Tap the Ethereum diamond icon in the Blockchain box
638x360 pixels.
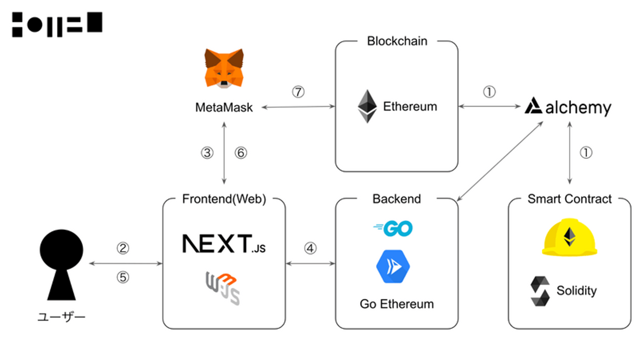(367, 106)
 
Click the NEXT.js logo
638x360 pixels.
(224, 244)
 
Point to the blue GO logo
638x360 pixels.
(393, 228)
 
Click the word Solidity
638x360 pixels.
(576, 291)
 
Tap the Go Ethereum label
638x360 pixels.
(397, 304)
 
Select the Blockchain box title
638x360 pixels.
(397, 41)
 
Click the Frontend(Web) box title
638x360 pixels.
(224, 199)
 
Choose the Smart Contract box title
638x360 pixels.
(569, 199)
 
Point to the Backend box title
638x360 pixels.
(397, 199)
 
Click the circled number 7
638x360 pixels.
(298, 92)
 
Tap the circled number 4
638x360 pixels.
(310, 249)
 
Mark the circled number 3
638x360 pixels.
(207, 153)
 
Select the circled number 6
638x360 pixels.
(240, 153)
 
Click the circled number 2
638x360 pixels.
(123, 249)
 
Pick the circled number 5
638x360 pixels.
(123, 278)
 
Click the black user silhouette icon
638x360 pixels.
(62, 266)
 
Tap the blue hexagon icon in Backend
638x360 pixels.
(393, 266)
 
